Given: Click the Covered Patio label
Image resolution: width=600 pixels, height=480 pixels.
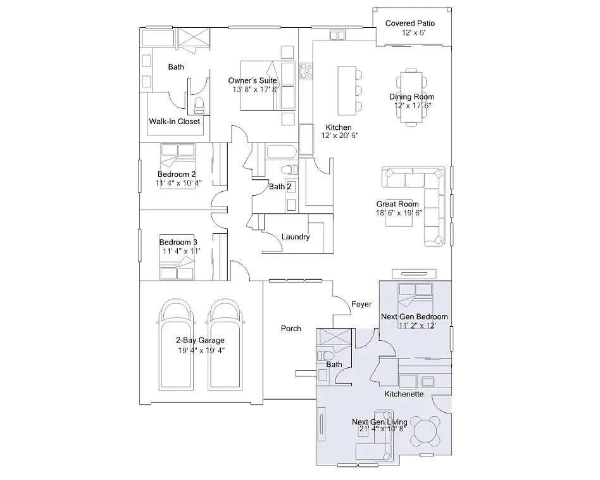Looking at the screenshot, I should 409,23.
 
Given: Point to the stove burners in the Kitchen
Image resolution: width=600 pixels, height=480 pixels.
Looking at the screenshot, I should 306,70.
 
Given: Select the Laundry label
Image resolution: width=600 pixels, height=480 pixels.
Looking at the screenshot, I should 296,237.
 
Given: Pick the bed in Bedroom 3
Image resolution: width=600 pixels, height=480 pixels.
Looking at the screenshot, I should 177,269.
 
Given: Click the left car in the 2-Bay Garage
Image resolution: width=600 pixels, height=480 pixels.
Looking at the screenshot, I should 175,345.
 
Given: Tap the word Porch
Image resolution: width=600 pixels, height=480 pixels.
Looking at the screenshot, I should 291,329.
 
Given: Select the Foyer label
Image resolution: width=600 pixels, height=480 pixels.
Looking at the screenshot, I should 361,305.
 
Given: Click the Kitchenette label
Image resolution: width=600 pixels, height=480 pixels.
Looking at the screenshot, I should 404,394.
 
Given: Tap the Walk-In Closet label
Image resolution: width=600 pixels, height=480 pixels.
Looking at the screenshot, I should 174,122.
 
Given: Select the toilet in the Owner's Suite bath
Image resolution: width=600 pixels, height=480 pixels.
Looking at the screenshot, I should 199,103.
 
